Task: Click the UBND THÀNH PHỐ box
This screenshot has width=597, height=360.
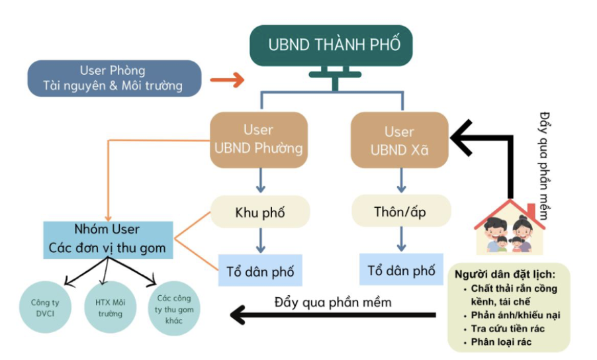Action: [334, 45]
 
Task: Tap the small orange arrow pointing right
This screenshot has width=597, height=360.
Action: [227, 81]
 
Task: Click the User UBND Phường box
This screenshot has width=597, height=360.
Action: [258, 139]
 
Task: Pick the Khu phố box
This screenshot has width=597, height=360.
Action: [260, 212]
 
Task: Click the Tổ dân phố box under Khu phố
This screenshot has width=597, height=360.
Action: [260, 271]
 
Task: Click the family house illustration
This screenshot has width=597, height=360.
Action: [510, 228]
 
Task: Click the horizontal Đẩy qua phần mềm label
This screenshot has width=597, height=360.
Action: [333, 302]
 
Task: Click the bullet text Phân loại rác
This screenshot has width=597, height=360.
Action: [502, 341]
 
